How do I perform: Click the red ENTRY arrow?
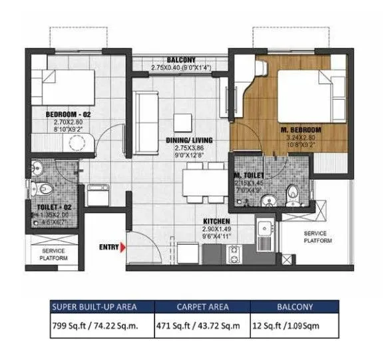[x=124, y=248]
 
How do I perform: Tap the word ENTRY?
[x=108, y=248]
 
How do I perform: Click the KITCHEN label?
[x=217, y=221]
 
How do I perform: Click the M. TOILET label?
[x=250, y=175]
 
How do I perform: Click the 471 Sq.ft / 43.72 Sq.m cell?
[x=202, y=327]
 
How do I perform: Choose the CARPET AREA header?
[x=202, y=307]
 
